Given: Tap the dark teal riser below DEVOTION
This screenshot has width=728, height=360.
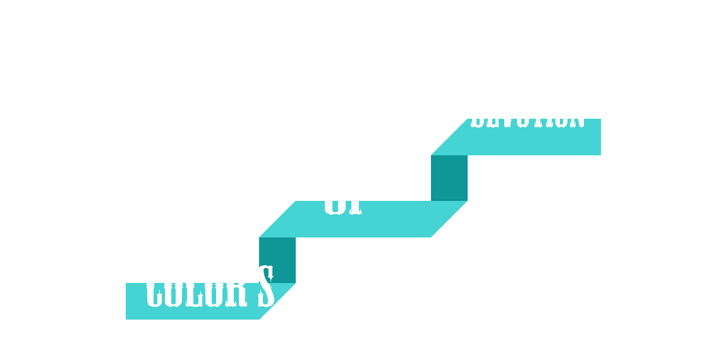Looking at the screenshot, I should pyautogui.click(x=449, y=177).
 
